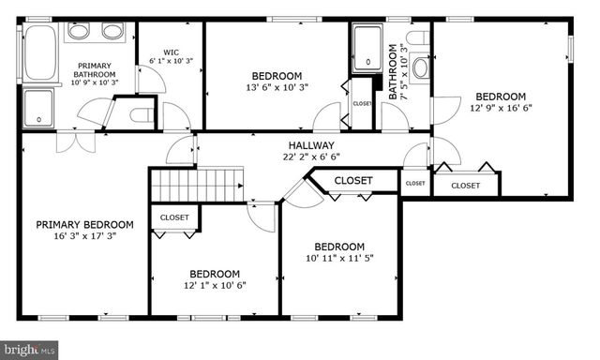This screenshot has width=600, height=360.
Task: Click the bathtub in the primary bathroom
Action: click(x=40, y=52)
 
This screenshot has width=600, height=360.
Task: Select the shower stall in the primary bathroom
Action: click(x=39, y=107)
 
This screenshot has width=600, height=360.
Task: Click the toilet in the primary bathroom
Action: click(x=142, y=115)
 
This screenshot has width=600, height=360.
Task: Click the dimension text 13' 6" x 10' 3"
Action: click(x=277, y=88)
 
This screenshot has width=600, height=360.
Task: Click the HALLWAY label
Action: click(x=311, y=145)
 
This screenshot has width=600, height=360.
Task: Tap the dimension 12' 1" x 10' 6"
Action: click(x=215, y=285)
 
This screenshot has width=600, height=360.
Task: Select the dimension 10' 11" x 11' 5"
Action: click(x=341, y=260)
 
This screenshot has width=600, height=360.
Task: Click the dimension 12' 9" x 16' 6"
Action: click(x=500, y=109)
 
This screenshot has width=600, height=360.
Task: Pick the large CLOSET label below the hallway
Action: click(x=353, y=180)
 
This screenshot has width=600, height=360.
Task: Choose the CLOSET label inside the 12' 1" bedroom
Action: click(x=173, y=217)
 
